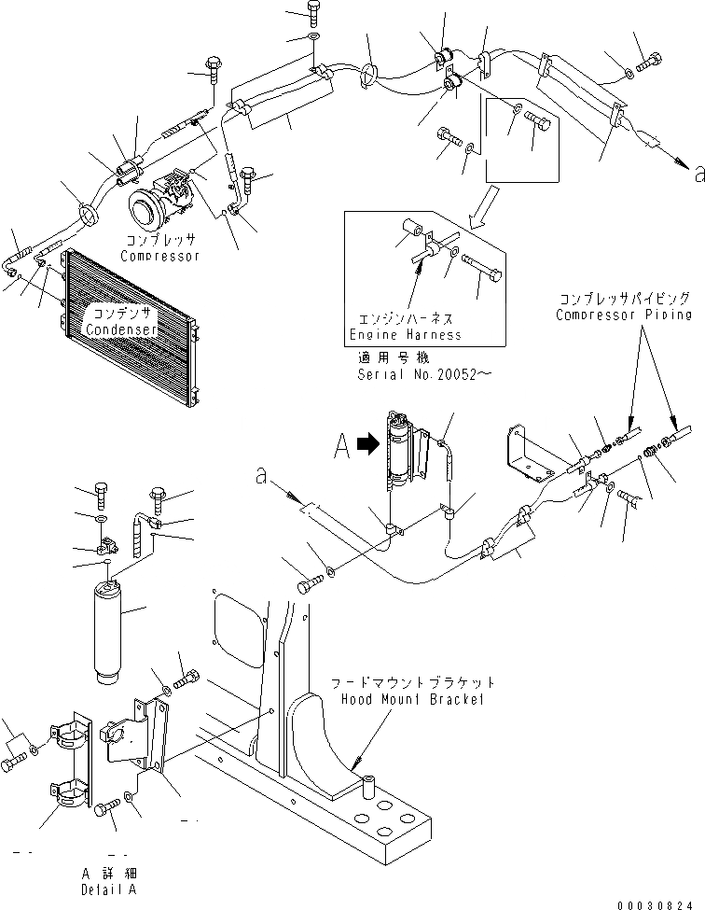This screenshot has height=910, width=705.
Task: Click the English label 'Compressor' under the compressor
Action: pos(160,256)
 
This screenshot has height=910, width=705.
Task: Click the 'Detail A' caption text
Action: pos(110,889)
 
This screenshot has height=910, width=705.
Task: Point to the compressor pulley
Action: pos(145,207)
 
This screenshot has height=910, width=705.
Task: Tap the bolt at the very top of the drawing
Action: pos(313,12)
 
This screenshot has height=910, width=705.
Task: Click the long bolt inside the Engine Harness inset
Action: pos(481,273)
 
